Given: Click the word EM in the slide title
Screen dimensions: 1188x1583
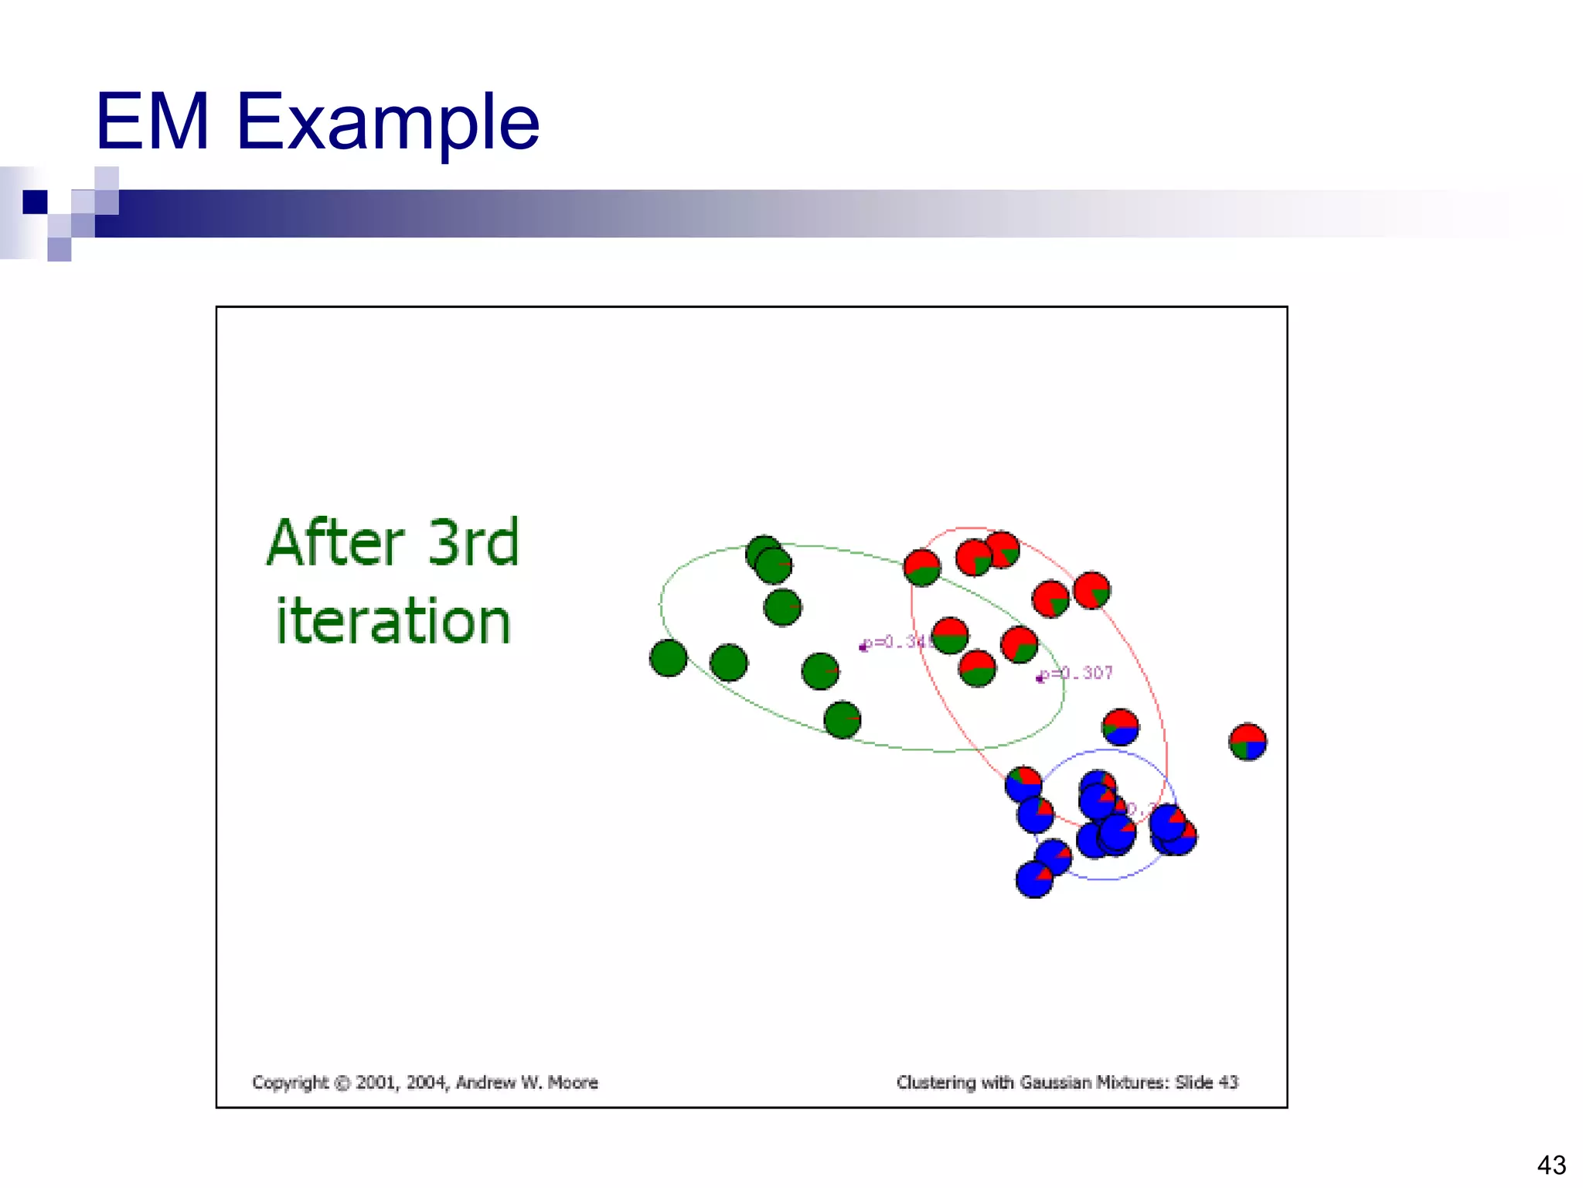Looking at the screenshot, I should (152, 122).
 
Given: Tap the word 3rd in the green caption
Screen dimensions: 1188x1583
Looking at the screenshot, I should (473, 543).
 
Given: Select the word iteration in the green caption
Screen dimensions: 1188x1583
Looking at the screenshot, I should (393, 622).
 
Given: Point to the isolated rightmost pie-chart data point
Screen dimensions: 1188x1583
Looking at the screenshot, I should (1248, 742).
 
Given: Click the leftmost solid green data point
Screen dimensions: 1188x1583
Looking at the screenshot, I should (669, 658).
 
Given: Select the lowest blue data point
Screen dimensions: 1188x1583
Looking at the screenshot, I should (1034, 879).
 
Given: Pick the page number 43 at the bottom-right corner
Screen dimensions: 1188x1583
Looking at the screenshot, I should (1551, 1165).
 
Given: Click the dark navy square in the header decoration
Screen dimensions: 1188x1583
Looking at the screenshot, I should (35, 202).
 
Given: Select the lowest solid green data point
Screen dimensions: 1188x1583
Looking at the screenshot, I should (843, 720).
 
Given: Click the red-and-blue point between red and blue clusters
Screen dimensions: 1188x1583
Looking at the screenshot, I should (1120, 727).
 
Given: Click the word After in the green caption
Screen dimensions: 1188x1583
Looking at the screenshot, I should (336, 543).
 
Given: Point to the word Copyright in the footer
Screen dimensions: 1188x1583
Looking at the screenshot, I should (290, 1082).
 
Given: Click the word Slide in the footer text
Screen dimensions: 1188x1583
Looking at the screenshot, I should (1194, 1082).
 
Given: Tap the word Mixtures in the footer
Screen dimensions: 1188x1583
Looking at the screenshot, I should (1132, 1082).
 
